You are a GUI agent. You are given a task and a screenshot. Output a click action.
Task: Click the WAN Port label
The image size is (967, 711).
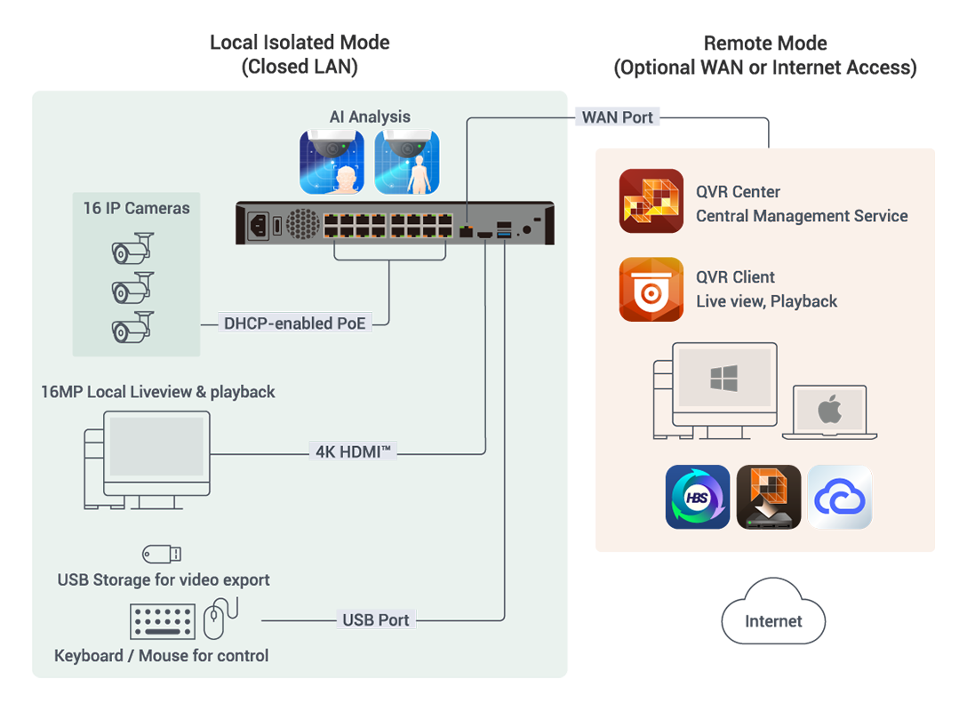[x=618, y=117]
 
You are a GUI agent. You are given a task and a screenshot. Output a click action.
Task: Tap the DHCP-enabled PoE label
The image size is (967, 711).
[x=294, y=324]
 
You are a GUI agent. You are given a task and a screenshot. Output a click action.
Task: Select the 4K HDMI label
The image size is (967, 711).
[x=353, y=451]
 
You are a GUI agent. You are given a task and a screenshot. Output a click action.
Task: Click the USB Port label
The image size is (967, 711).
[x=376, y=619]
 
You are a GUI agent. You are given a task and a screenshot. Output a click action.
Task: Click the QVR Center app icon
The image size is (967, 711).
[x=651, y=202]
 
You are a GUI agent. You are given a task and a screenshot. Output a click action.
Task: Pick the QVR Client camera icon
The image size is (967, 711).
[x=651, y=289]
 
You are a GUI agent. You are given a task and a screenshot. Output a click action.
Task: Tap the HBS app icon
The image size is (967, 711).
[x=698, y=498]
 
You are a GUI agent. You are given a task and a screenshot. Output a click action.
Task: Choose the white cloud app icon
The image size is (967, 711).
[x=840, y=498]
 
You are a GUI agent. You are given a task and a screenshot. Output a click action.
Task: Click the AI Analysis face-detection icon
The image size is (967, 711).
[x=332, y=162]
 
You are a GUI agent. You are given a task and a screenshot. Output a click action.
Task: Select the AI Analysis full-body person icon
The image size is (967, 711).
[x=407, y=162]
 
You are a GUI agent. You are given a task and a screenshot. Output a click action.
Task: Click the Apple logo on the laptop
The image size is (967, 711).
[x=829, y=411]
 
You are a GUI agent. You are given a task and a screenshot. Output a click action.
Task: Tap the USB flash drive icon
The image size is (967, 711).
[x=162, y=554]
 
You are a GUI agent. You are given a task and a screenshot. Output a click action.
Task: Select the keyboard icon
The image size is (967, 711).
[x=163, y=621]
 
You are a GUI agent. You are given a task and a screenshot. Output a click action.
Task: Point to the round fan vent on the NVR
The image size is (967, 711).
[x=302, y=224]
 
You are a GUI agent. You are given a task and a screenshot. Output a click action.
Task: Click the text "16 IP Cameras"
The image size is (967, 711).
[x=136, y=209]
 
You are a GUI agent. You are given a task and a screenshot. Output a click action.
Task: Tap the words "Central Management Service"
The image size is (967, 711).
[x=802, y=216]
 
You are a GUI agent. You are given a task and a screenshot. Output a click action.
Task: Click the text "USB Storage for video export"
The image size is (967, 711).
[x=164, y=580]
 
